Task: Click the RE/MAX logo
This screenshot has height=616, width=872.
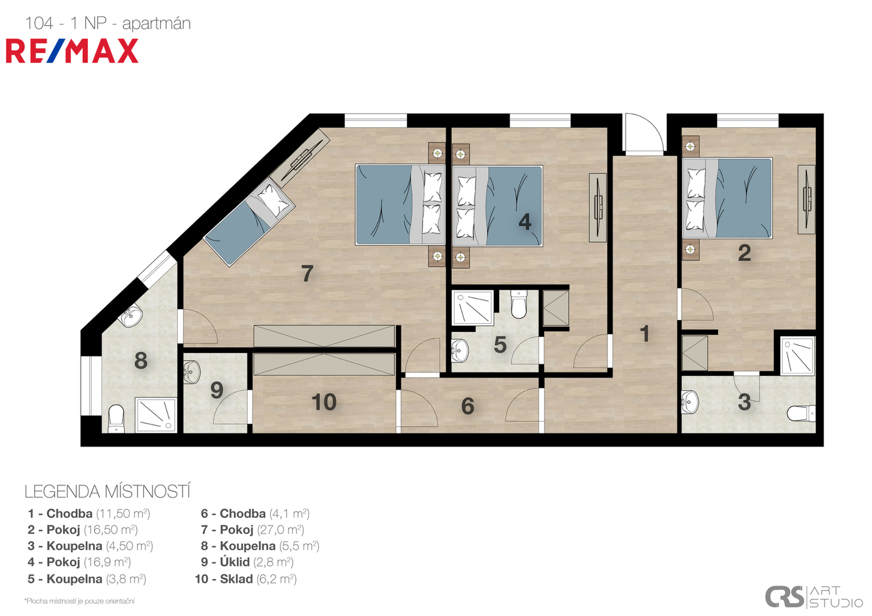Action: pyautogui.click(x=72, y=51)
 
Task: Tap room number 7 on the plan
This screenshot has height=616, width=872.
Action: pyautogui.click(x=307, y=273)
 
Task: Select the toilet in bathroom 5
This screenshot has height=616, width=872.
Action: pyautogui.click(x=519, y=304)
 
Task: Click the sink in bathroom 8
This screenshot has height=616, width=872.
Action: pyautogui.click(x=131, y=316)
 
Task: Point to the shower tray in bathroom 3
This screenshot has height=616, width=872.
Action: pyautogui.click(x=798, y=356)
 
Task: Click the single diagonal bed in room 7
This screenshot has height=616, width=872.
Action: pyautogui.click(x=250, y=220)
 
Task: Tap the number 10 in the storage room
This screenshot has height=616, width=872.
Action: pyautogui.click(x=324, y=402)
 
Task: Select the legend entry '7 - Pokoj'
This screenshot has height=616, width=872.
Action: pyautogui.click(x=252, y=530)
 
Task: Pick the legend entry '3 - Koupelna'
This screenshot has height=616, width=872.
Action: pyautogui.click(x=90, y=546)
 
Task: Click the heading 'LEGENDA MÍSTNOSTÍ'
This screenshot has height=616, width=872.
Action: pyautogui.click(x=107, y=492)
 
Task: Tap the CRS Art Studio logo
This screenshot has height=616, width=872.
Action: pyautogui.click(x=813, y=597)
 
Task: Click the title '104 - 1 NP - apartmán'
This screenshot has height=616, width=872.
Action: pyautogui.click(x=108, y=23)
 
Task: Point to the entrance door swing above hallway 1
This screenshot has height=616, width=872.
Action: pyautogui.click(x=643, y=132)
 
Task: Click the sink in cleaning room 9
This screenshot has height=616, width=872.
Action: pyautogui.click(x=192, y=371)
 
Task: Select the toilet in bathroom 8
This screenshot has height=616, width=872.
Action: pyautogui.click(x=116, y=418)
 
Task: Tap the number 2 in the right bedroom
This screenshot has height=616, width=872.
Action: pyautogui.click(x=744, y=253)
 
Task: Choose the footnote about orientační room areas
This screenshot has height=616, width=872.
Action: pyautogui.click(x=79, y=601)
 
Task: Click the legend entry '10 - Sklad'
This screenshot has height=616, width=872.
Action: pyautogui.click(x=246, y=579)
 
